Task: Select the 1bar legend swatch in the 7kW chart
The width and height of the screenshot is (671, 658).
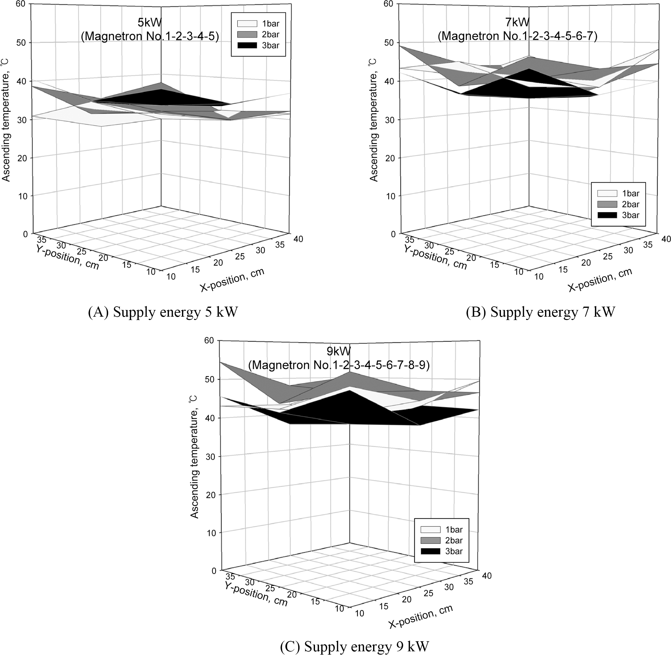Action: point(607,193)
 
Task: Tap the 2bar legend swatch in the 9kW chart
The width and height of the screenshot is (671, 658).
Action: point(430,540)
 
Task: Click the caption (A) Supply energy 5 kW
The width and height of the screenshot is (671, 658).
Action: point(163,312)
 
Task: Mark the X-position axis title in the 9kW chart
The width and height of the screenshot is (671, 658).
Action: point(421,617)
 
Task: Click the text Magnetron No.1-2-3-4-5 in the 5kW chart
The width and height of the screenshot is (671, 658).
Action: point(150,36)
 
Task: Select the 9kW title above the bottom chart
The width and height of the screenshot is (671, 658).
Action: point(338,351)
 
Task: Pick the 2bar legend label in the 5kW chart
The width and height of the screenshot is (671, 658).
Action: point(271,34)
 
